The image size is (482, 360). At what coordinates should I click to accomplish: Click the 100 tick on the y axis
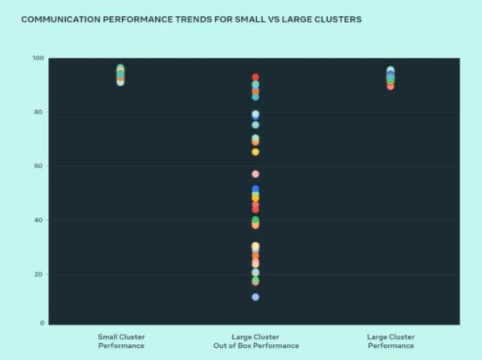39,59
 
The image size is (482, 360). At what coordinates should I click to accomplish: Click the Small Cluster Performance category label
120,341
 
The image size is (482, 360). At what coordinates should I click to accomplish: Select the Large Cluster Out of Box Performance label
255,341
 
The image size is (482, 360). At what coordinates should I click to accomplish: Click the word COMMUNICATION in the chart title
61,18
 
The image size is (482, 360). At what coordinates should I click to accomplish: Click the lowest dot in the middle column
255,297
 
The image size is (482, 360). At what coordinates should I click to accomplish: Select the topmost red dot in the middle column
255,78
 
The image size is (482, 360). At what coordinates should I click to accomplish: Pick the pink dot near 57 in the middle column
255,174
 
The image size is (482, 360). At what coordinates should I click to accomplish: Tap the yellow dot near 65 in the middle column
255,152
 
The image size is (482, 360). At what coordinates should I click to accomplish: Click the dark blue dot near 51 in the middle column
255,190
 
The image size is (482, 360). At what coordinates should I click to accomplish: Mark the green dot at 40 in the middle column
255,220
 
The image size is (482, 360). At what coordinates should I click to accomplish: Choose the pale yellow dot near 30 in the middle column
255,247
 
